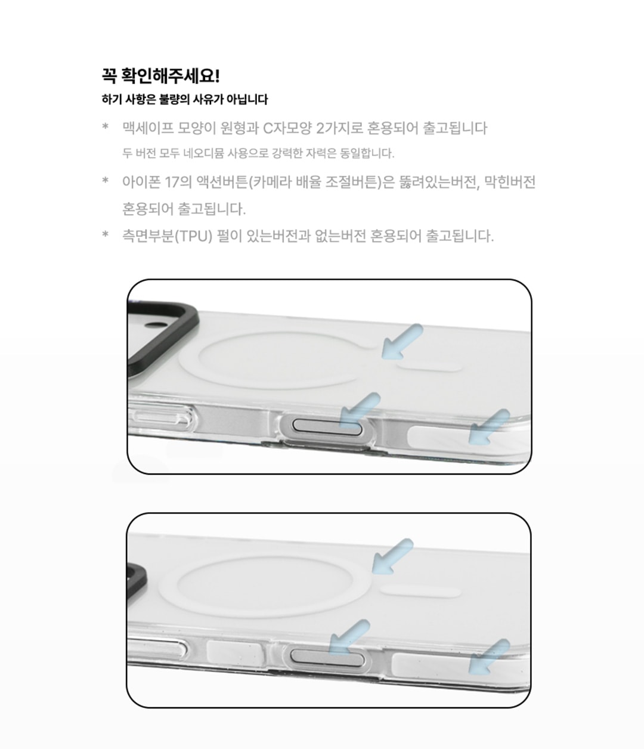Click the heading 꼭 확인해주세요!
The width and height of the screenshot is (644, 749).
(x=160, y=76)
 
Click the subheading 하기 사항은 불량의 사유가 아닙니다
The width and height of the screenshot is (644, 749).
(x=185, y=99)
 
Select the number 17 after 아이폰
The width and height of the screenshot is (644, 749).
(x=172, y=182)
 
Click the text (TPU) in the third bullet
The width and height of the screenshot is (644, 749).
(x=194, y=236)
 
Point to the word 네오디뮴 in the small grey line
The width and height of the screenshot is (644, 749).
(x=204, y=153)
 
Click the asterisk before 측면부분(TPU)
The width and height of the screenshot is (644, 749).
(x=106, y=234)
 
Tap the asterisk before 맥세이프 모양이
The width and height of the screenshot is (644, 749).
(x=106, y=126)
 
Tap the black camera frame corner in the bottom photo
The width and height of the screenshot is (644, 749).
(x=138, y=580)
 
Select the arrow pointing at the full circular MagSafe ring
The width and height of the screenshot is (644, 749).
(x=392, y=556)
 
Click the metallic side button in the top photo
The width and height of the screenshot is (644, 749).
(x=328, y=426)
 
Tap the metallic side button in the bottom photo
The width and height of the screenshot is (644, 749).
(x=327, y=658)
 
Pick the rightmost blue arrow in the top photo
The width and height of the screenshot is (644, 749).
(x=489, y=427)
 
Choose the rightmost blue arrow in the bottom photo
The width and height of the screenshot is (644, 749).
(x=489, y=657)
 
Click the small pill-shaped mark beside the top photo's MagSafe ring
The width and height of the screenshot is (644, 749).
(x=429, y=368)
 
